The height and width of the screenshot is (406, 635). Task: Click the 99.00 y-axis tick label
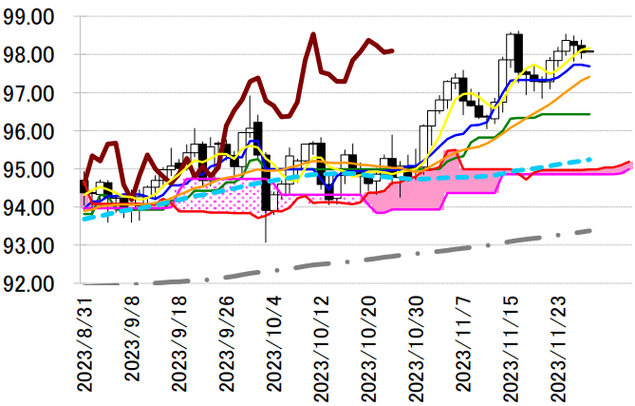point(30,17)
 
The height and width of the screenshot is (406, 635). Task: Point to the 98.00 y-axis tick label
point(30,55)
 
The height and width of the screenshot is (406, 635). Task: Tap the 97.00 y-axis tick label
point(30,93)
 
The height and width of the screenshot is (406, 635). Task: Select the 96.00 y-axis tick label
point(30,131)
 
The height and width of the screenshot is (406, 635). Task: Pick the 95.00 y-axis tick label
point(30,169)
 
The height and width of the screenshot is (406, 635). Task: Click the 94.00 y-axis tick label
point(30,207)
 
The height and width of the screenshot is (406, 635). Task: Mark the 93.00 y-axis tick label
point(30,245)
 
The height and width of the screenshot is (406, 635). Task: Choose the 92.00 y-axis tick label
point(30,283)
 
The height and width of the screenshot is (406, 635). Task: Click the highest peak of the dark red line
point(313,34)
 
